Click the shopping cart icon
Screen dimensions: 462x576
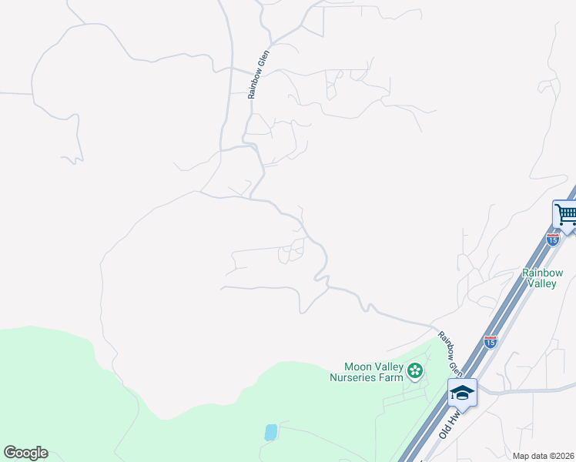point(566,213)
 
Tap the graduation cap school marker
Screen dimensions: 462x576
point(462,393)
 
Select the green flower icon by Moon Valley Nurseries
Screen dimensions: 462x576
point(415,372)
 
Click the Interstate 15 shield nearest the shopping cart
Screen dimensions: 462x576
point(552,239)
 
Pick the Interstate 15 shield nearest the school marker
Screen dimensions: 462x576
point(491,341)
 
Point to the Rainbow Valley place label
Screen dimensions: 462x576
point(542,278)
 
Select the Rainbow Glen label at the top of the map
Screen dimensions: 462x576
point(257,75)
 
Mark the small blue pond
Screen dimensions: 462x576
point(270,432)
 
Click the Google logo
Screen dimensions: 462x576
point(25,453)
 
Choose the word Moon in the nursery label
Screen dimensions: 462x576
point(358,367)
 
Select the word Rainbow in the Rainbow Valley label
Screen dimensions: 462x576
point(542,273)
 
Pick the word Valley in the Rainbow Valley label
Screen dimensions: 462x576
point(542,283)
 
